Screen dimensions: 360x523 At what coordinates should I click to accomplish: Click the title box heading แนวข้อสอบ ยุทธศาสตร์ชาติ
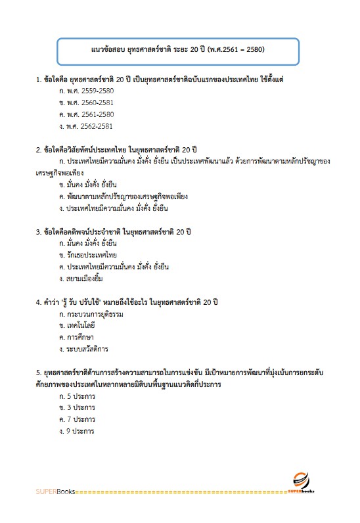(x=177, y=49)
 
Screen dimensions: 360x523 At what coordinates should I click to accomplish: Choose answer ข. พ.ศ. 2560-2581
(x=82, y=102)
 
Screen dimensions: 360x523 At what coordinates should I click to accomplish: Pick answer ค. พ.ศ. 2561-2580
(x=82, y=114)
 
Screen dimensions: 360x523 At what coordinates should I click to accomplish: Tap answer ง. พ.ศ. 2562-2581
(x=82, y=126)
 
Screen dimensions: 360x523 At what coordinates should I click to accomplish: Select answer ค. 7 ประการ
(x=77, y=419)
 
